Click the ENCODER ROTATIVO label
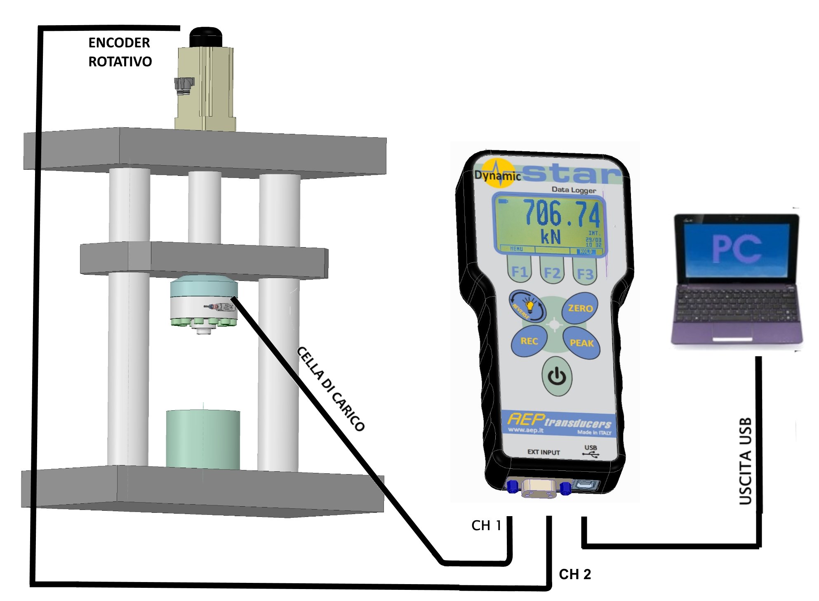click(120, 52)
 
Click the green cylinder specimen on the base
click(203, 439)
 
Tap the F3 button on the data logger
click(585, 273)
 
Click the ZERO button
click(580, 308)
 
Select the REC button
click(529, 341)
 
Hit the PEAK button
click(581, 343)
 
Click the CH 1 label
click(486, 525)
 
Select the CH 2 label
click(575, 574)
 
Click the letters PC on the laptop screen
click(737, 248)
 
